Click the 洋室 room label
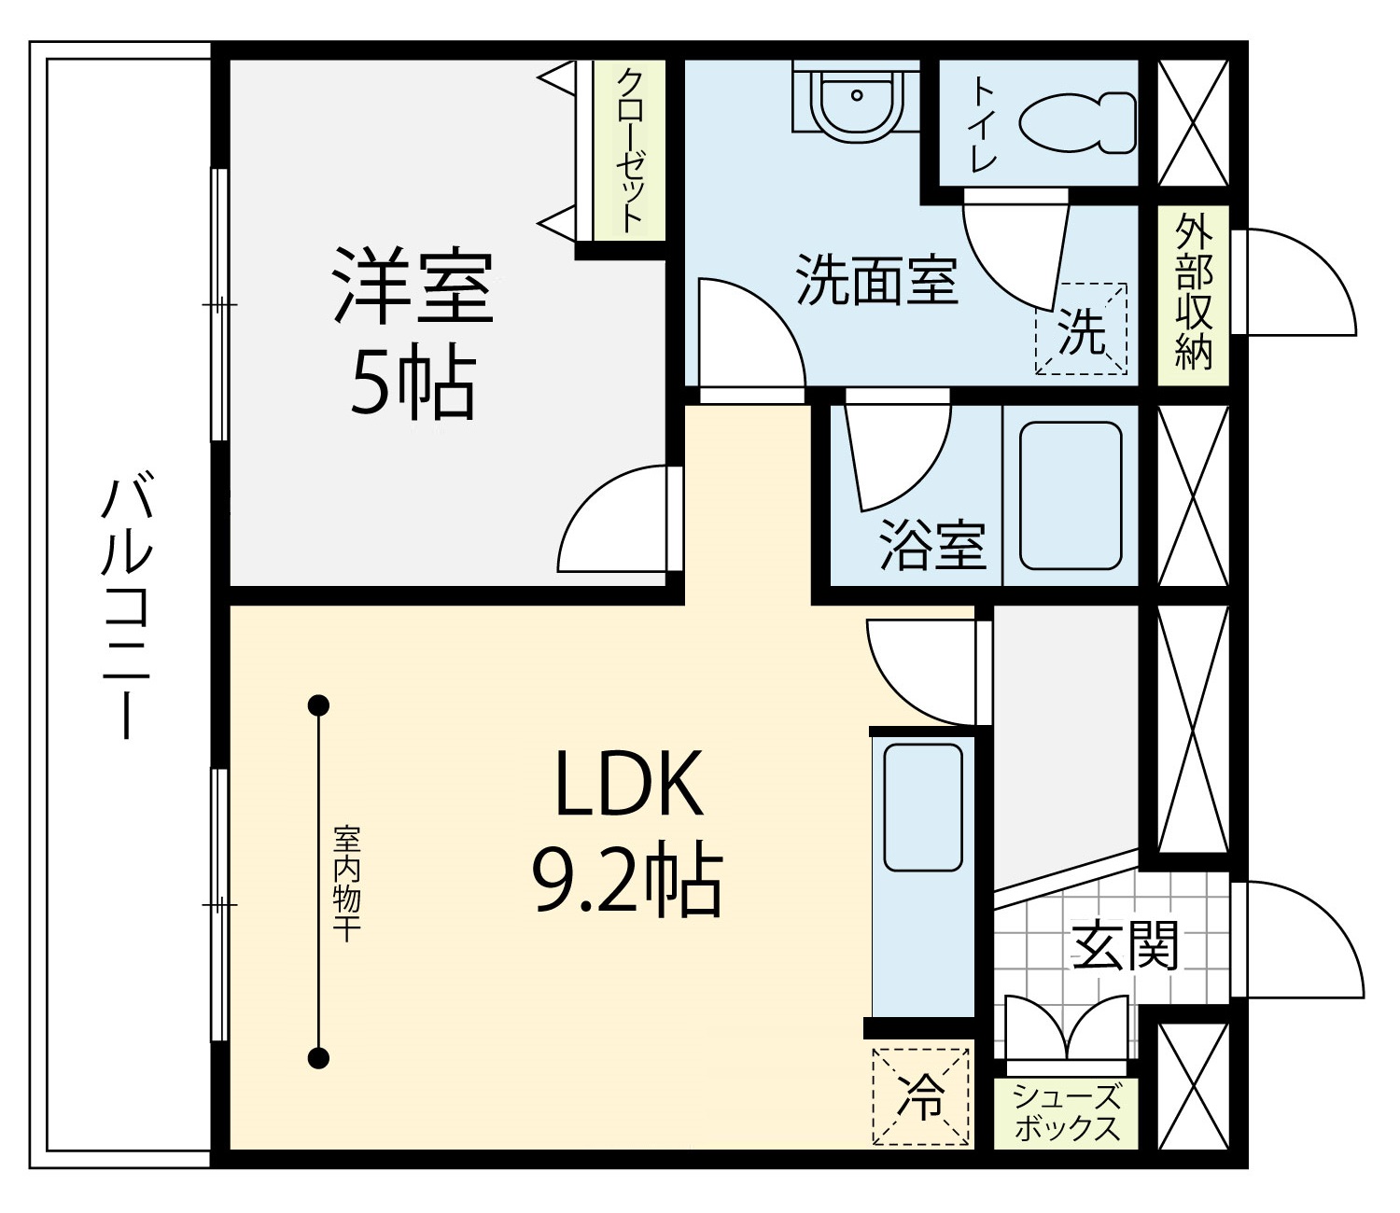(412, 287)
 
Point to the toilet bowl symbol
(1077, 122)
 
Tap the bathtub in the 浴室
(1071, 495)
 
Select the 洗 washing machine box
(1081, 328)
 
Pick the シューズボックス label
(1067, 1113)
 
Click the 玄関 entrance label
(1126, 945)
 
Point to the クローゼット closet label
(629, 149)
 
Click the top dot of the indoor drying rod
(318, 705)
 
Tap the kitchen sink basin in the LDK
(923, 808)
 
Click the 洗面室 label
(876, 281)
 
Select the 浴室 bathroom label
(932, 547)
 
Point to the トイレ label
(985, 123)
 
